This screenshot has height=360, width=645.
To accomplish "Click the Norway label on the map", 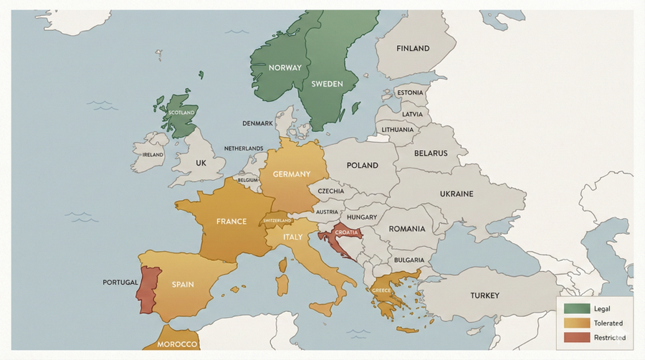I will coord(285,67).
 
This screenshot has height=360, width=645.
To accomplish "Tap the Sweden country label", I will coord(327,84).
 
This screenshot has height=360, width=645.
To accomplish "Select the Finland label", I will coord(412,49).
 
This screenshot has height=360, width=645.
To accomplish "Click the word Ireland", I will coord(153,154).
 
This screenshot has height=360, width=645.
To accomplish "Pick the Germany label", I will coord(291,174).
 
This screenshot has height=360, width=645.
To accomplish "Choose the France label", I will coord(231,222).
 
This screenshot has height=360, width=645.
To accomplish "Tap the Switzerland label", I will coord(279,220).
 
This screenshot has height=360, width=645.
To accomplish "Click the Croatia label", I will coord(346,232).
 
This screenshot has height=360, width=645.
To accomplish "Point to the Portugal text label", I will coord(120,282).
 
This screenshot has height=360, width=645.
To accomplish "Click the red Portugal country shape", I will coord(146,290).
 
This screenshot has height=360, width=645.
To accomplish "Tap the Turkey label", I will coord(484,295).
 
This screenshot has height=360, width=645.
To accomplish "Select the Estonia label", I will coord(410,93).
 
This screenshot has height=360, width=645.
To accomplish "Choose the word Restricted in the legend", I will coord(610,337).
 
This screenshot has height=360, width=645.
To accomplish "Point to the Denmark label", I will coord(257,123).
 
